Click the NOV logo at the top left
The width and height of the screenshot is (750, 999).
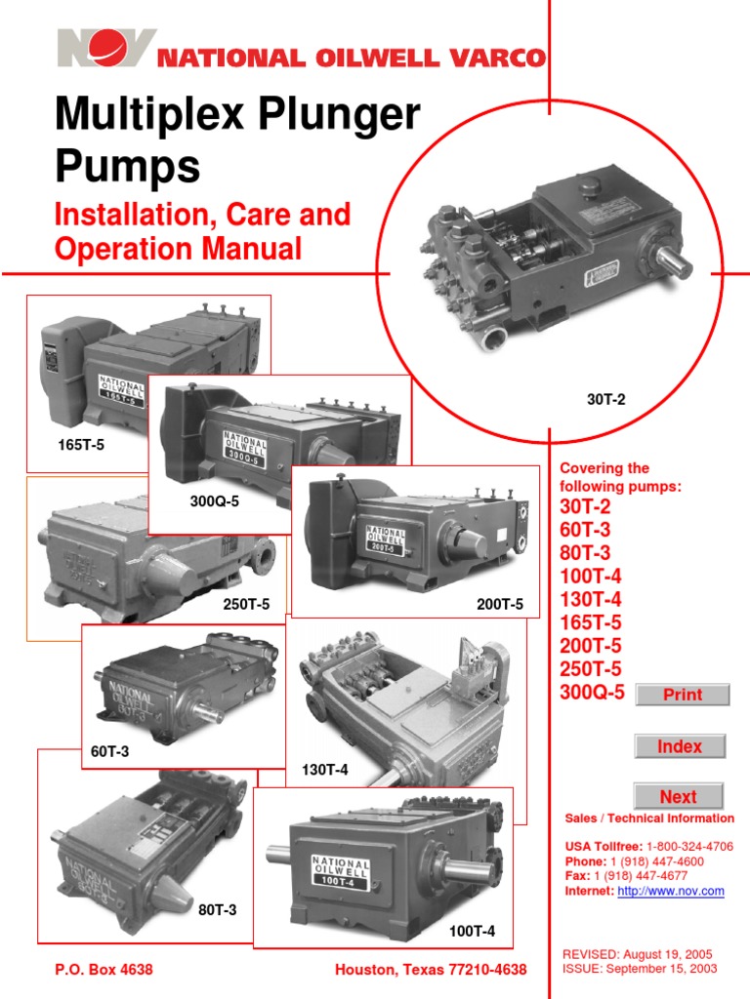click(x=105, y=49)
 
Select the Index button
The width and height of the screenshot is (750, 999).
click(x=680, y=746)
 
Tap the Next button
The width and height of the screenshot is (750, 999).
click(x=678, y=796)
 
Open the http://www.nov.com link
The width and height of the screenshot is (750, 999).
click(x=671, y=891)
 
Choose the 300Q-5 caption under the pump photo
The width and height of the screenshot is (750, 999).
click(x=214, y=503)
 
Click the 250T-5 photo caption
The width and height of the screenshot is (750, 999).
click(x=246, y=605)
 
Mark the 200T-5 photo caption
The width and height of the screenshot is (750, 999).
click(x=500, y=605)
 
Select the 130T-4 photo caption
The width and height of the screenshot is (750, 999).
click(x=324, y=771)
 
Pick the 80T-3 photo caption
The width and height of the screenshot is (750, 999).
click(x=218, y=910)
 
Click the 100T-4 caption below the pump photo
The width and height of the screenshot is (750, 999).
click(x=472, y=932)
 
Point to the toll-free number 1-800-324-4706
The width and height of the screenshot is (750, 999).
click(x=689, y=846)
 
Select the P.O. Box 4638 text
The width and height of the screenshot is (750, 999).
click(x=104, y=970)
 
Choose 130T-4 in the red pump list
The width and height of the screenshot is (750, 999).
click(x=590, y=599)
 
